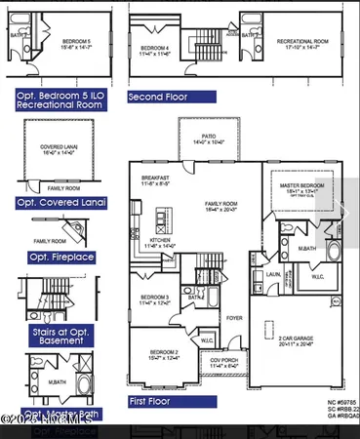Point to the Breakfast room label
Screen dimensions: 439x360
155,179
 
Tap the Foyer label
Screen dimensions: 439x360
235,316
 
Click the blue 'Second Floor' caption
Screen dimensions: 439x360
171,98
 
